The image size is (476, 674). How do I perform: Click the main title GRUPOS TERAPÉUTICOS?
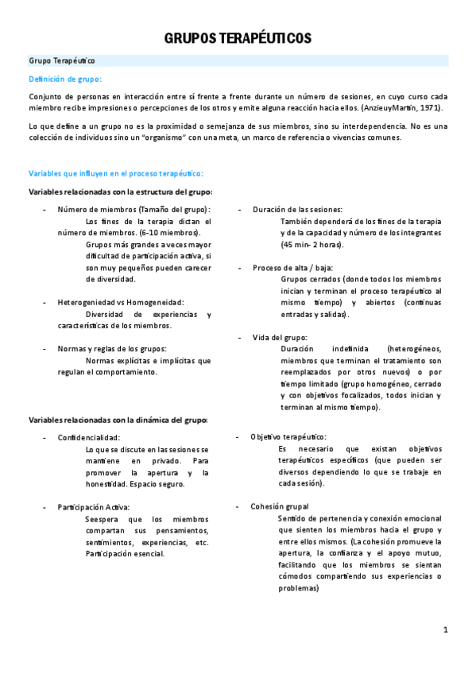point(238,38)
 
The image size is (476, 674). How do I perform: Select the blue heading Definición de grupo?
point(65,78)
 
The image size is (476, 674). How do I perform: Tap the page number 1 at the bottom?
point(446,630)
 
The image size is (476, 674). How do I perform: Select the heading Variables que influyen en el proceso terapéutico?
point(116,173)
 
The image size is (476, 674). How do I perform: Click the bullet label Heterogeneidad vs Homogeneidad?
point(121,302)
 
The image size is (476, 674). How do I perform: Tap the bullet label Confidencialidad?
point(89,437)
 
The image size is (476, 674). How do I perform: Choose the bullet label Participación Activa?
point(94,506)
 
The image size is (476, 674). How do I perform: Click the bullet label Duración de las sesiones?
point(298,209)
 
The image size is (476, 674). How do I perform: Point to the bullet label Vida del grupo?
point(280,337)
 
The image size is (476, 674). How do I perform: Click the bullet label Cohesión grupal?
point(280,506)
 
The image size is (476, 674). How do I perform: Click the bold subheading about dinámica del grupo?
point(118,420)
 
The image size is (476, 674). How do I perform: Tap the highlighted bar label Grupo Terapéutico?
point(62,60)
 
